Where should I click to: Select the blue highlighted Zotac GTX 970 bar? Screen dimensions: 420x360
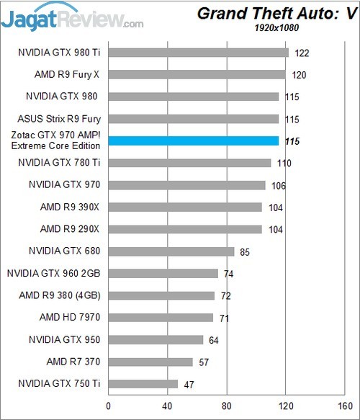coord(193,141)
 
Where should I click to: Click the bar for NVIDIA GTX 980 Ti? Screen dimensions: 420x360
coord(198,53)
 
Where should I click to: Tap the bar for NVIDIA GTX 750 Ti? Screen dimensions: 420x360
coord(143,384)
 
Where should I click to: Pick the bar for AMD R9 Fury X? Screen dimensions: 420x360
coord(197,74)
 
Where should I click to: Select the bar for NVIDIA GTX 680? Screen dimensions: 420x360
coord(171,251)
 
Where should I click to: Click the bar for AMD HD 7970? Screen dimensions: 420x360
coord(161,318)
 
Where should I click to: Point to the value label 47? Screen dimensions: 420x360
coord(189,385)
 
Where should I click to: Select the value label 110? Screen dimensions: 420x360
coord(284,164)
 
